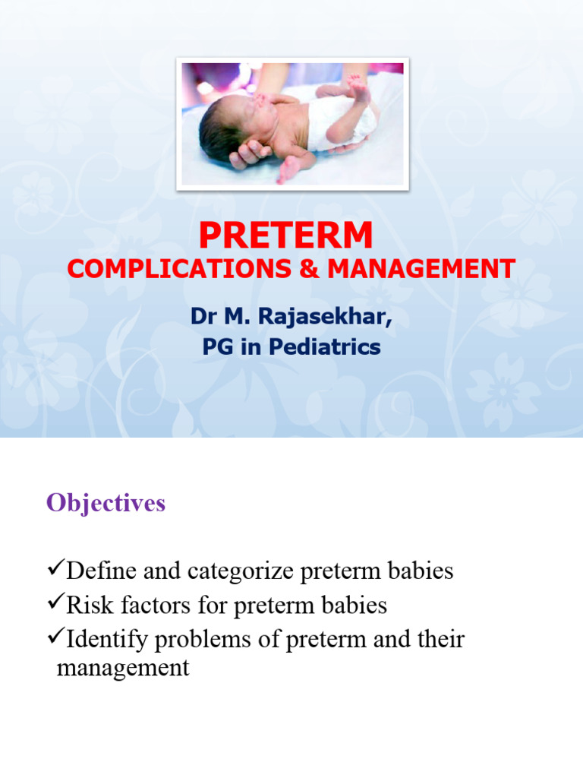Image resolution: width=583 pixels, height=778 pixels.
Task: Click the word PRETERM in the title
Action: (285, 236)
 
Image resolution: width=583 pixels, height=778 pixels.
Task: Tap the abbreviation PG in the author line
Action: (216, 348)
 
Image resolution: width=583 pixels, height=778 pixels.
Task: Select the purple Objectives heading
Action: (106, 503)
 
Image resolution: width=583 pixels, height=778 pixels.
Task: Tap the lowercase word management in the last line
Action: (123, 669)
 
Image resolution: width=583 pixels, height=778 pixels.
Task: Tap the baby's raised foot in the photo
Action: (357, 87)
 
